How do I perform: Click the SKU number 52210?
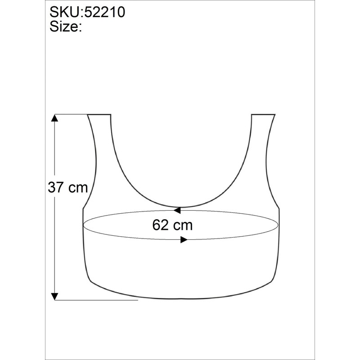(105, 12)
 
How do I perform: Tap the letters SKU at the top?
(65, 12)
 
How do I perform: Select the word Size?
(66, 27)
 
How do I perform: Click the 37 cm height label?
(68, 187)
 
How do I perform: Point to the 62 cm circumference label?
(172, 225)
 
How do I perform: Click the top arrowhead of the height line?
(54, 117)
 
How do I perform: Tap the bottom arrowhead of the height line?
(54, 297)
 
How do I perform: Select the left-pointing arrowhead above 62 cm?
(177, 210)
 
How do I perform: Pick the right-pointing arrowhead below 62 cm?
(184, 240)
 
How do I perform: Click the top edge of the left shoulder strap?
(99, 114)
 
